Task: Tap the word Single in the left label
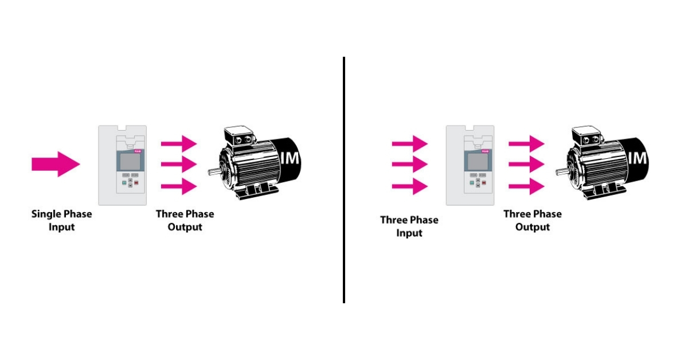tap(45, 214)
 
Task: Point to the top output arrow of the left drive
tap(179, 142)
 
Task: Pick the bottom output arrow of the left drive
tap(179, 186)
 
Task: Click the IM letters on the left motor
tap(291, 158)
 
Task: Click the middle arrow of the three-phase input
tap(409, 165)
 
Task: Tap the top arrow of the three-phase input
tap(409, 142)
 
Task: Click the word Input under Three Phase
tap(409, 233)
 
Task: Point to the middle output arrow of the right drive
tap(527, 165)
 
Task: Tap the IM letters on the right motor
tap(638, 158)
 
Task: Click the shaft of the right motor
tap(560, 171)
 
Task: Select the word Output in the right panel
tap(533, 227)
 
